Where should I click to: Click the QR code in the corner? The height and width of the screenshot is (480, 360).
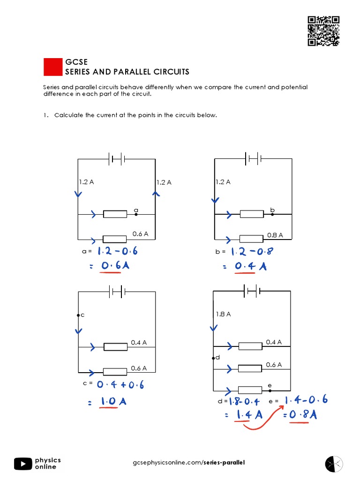pos(323,31)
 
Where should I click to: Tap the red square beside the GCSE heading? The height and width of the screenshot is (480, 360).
pos(53,67)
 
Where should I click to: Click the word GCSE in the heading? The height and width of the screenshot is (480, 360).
pos(76,62)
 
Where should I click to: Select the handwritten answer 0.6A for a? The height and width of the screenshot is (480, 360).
pos(115,266)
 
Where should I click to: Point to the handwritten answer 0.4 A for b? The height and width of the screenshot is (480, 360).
pos(250,266)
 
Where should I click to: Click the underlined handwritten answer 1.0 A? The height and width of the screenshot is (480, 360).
pos(112,402)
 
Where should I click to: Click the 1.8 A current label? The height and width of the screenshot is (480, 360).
pos(223,315)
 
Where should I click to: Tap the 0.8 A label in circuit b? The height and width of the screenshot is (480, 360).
pos(275,235)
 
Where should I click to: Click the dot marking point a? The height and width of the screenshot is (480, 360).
pos(136,214)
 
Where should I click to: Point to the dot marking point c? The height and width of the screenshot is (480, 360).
pos(78,315)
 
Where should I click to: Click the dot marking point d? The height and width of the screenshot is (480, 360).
pos(213,358)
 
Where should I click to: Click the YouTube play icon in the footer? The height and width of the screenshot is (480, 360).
pos(23,464)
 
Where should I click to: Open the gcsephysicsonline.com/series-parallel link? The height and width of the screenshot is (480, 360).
pos(189,463)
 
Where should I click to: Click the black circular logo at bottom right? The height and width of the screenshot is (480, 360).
pos(334,463)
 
